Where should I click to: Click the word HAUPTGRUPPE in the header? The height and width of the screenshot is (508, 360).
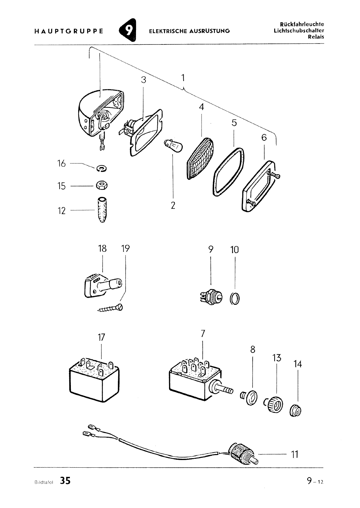pos(68,31)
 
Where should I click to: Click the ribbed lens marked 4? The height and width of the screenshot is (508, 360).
pos(200,159)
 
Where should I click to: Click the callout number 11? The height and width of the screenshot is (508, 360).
pos(295,455)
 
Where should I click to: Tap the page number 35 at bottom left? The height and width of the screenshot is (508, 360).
pos(65,481)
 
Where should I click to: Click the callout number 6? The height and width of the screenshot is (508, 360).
pos(264,137)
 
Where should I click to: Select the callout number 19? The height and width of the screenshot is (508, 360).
pos(126,248)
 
